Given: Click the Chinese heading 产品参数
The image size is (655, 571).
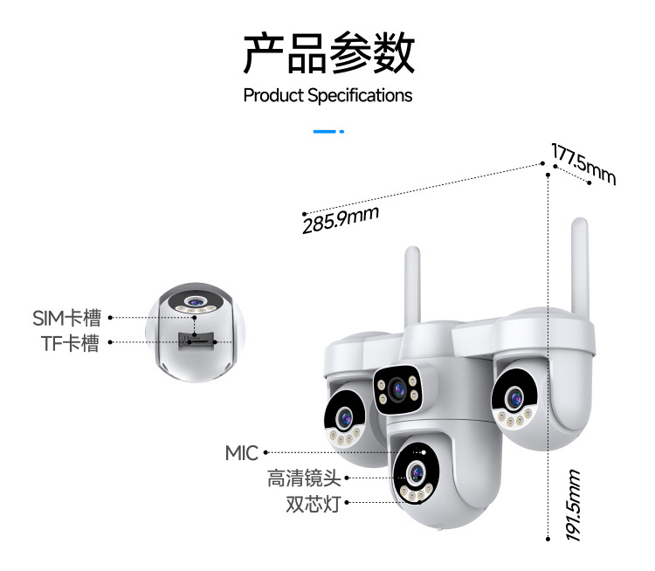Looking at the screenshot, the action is point(328,52).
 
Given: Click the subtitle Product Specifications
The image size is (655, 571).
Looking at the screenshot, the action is point(327,96).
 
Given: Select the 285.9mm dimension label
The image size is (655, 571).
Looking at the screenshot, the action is point(341,220).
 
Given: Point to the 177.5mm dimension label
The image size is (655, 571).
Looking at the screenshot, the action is point(583,164).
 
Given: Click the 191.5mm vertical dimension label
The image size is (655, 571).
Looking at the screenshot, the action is point(573,505).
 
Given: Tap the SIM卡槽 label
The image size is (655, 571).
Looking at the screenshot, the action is point(67,318).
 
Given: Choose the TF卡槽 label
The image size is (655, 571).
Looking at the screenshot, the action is point(70,343).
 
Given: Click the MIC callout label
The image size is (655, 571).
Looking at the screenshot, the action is point(242,453).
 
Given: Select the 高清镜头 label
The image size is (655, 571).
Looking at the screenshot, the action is point(304,478).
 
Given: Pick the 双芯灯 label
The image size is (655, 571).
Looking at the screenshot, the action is point(314,504).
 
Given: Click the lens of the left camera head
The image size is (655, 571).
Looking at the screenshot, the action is point(345,418).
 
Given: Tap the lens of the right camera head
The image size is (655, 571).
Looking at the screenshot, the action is point(514,397).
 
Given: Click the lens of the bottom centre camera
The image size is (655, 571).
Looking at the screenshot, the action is point(416,473).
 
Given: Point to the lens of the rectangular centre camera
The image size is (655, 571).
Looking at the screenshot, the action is point(396,389).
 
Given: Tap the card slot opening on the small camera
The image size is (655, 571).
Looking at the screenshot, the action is point(196,340).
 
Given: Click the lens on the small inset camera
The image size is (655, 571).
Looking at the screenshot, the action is point(195,301).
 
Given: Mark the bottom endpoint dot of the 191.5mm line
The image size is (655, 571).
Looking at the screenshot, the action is point(548,540).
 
